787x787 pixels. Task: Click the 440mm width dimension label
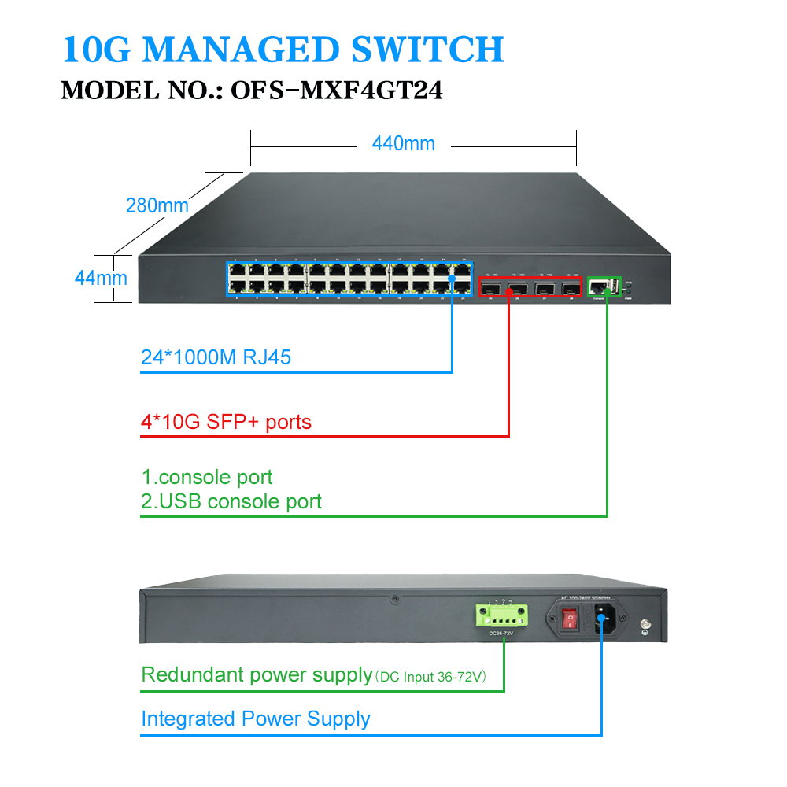coord(403,143)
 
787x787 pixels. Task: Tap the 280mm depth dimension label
coord(157,206)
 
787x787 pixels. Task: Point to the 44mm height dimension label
coord(101,277)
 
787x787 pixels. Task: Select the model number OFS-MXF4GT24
coord(336,91)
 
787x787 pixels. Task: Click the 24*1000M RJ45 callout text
coord(216,358)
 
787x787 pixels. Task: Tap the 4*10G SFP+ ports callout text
coord(226,423)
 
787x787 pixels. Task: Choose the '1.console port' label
coord(207,477)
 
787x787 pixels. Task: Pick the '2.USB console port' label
coord(231,501)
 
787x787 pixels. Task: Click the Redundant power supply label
coord(257,675)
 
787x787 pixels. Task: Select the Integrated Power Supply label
coord(255,719)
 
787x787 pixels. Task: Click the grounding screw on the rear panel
coord(646,627)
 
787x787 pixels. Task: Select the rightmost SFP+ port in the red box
coord(570,290)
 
